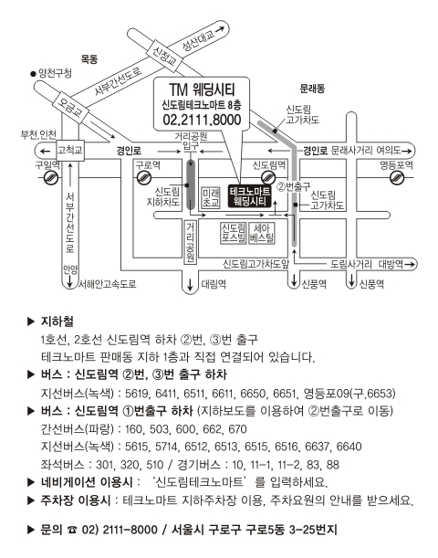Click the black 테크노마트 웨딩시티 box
tap(250, 196)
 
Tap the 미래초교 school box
tap(211, 198)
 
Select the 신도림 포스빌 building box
tap(234, 233)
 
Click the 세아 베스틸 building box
tap(262, 233)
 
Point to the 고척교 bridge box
tap(70, 150)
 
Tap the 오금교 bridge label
tap(70, 109)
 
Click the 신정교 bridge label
tap(164, 55)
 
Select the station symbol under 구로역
tap(144, 177)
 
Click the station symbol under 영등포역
tap(397, 177)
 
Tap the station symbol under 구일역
tap(51, 177)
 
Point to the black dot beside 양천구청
tap(34, 74)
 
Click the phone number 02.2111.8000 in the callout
tap(202, 120)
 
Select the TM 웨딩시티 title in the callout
tap(202, 89)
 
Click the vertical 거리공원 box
tap(191, 242)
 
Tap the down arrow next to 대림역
tap(190, 284)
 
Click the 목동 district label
tap(89, 58)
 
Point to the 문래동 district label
tap(312, 89)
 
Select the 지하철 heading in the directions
tap(57, 321)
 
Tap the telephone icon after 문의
tap(72, 530)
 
